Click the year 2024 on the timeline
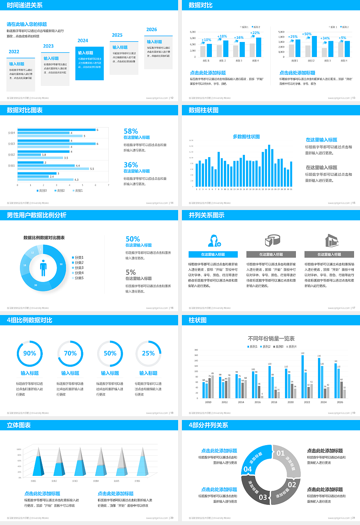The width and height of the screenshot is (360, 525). [83, 40]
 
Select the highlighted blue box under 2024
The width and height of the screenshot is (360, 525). [89, 63]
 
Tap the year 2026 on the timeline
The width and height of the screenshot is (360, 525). [151, 30]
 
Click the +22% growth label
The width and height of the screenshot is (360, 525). [255, 33]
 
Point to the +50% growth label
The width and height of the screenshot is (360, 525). [307, 34]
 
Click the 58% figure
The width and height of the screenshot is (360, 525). [131, 131]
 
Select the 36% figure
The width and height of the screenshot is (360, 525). [131, 165]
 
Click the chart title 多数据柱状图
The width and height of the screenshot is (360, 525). [246, 136]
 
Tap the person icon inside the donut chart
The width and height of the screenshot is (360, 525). [43, 268]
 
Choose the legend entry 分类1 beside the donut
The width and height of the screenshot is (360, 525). [78, 258]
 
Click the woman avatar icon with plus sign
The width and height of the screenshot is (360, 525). [214, 240]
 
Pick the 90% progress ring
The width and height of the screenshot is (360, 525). [30, 353]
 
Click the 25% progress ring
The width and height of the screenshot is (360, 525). [148, 353]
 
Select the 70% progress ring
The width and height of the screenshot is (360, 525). [70, 353]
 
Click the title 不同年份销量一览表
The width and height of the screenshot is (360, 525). [271, 338]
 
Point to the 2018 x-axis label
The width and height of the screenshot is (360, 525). [274, 402]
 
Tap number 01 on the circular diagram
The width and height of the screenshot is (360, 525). [280, 453]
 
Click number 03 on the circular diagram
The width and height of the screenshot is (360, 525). [263, 497]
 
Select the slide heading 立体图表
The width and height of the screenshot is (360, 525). [19, 425]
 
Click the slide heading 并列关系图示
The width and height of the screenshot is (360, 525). [207, 215]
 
